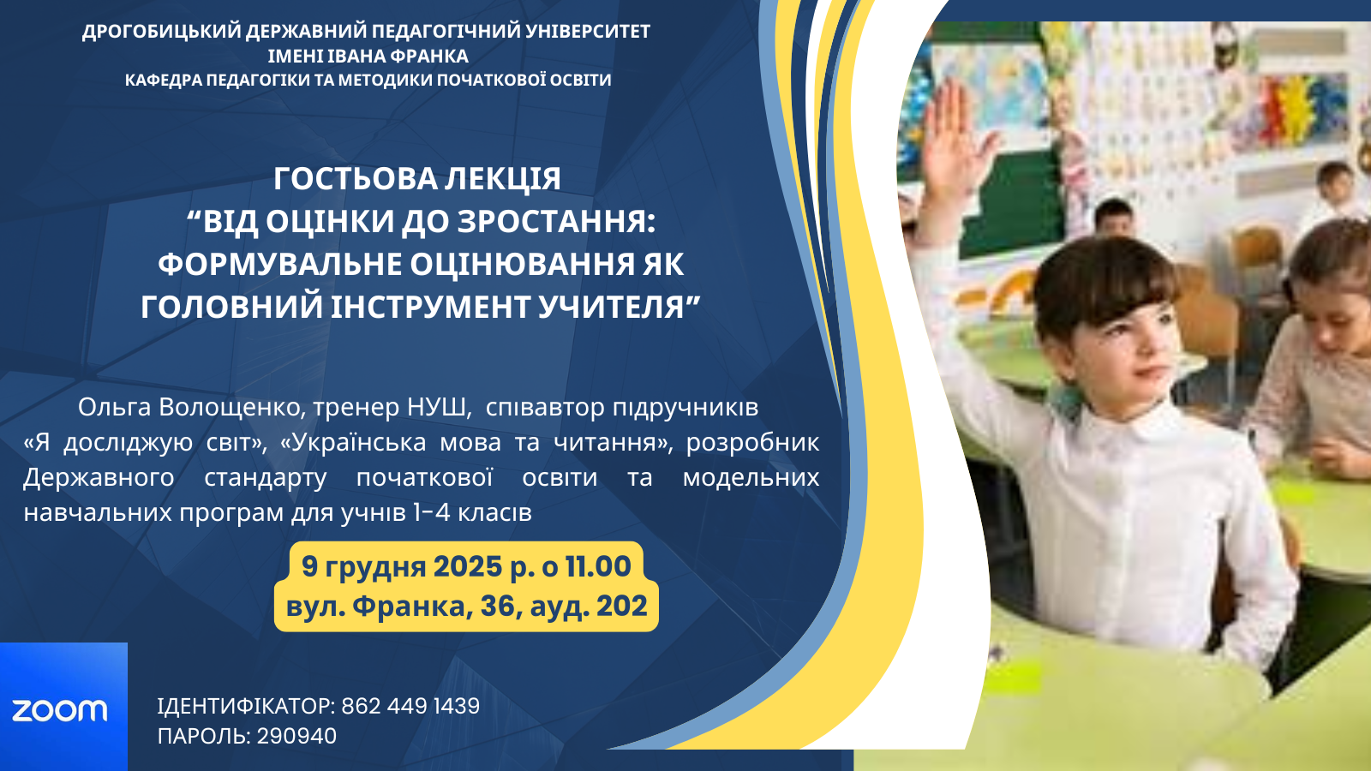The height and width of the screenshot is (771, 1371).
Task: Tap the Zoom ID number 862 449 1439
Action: point(410,706)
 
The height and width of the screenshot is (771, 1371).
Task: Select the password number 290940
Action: point(296,736)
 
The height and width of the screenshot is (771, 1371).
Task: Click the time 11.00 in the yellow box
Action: point(598,566)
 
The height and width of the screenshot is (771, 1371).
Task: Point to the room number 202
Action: point(622,606)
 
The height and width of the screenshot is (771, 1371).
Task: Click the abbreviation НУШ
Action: point(437,407)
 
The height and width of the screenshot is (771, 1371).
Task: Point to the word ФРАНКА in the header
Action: point(429,57)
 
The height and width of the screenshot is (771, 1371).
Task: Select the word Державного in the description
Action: point(99,478)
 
